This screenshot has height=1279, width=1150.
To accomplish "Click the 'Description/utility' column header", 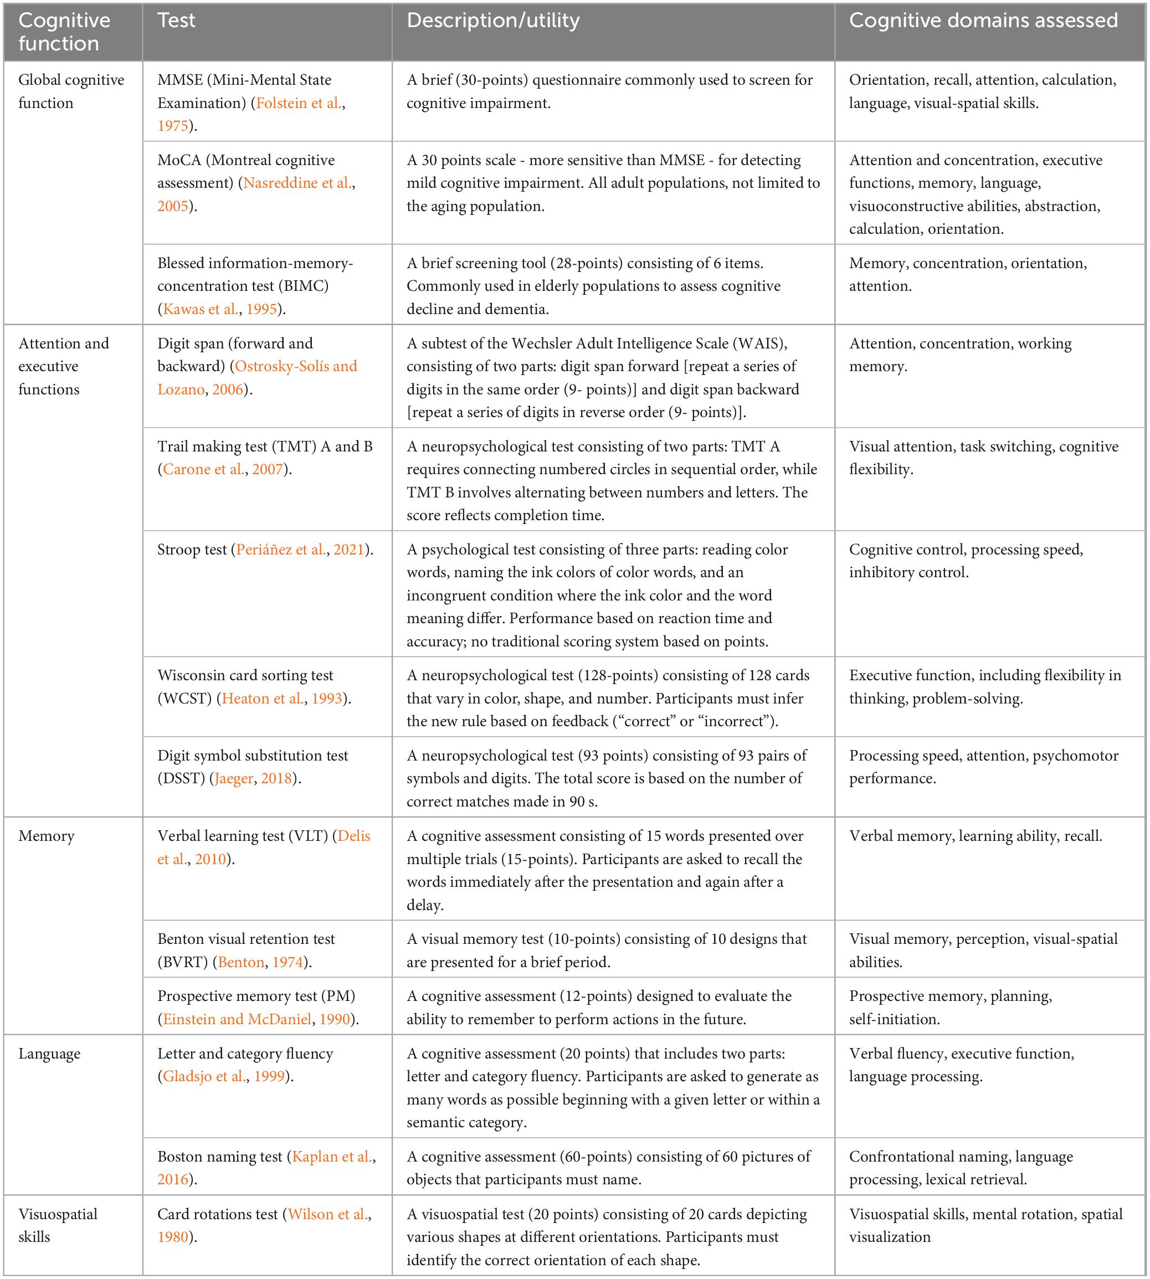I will pos(493,21).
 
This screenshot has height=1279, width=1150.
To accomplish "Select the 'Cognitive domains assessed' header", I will pos(983,21).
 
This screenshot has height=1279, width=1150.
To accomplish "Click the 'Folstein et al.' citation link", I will pos(300,103).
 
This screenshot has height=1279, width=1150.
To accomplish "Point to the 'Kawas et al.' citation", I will pos(201,309).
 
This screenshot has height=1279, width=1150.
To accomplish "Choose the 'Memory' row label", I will pos(46,836).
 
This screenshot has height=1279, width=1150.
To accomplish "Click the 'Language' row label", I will pos(49,1054).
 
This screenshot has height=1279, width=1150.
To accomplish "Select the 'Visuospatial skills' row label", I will pos(58,1225).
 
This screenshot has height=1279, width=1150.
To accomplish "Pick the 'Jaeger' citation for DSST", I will pos(234,778).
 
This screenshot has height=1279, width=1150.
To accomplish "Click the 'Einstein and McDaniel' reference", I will pos(237,1019).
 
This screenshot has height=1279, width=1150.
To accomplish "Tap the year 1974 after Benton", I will pos(287,962).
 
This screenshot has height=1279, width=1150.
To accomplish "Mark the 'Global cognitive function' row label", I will pos(71,91).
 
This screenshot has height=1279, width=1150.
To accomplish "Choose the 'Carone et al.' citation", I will pos(203,470).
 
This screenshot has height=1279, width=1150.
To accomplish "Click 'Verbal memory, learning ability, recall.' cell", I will pos(976,836).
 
